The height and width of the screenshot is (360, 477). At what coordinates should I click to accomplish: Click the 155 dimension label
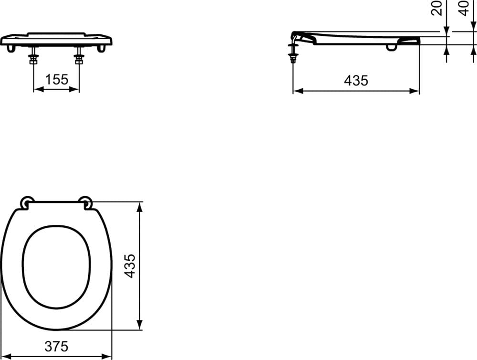pos(57,79)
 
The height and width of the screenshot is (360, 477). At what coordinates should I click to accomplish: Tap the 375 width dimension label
pos(57,346)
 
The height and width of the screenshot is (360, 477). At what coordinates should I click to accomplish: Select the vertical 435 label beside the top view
pos(130,265)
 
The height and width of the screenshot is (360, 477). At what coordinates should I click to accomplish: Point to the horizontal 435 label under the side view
pos(356,80)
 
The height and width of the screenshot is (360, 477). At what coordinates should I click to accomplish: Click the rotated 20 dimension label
pos(436,8)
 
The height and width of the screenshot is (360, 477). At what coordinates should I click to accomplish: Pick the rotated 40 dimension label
pos(465,8)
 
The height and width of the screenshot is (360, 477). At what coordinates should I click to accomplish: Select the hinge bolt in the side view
pos(293,49)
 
